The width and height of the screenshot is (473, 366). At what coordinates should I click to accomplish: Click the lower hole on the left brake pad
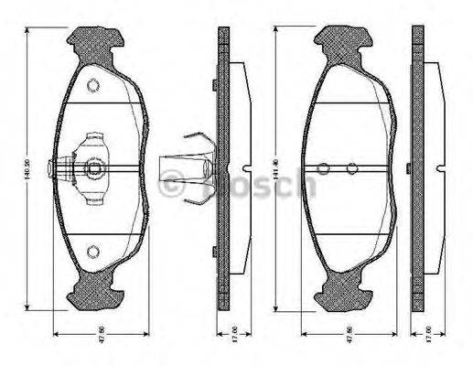[92, 253]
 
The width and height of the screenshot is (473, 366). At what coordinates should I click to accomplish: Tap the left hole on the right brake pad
[322, 168]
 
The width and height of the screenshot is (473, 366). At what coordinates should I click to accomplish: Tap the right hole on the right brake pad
[351, 168]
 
